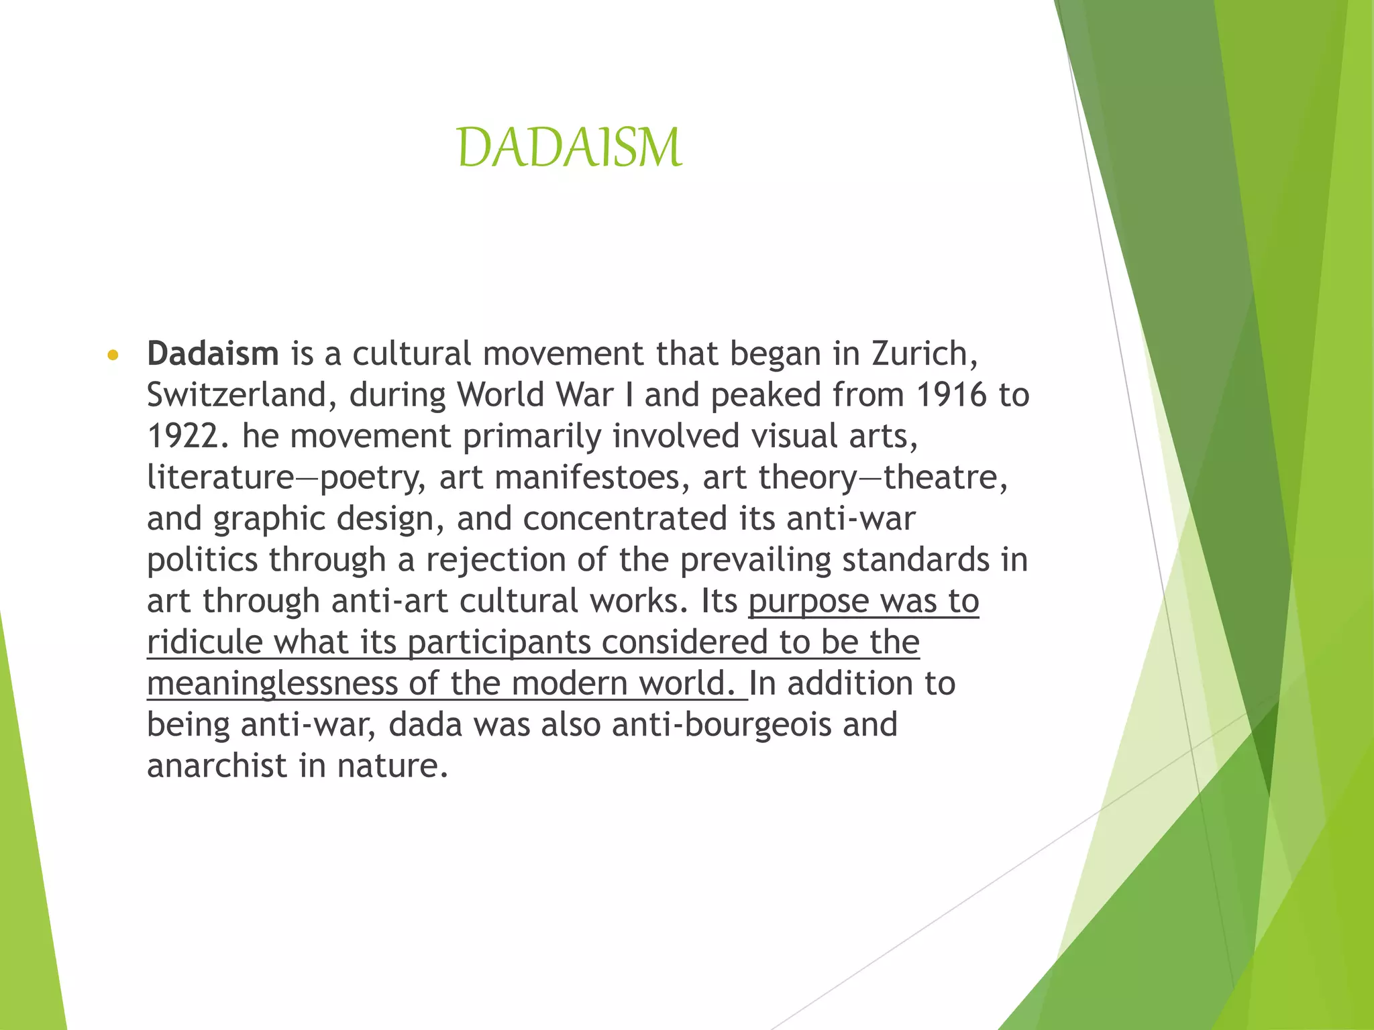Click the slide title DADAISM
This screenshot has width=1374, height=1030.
(x=569, y=148)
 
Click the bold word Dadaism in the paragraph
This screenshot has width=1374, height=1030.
(x=213, y=353)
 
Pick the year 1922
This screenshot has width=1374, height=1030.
(x=182, y=436)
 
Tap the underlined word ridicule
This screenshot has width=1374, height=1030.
(x=205, y=642)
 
